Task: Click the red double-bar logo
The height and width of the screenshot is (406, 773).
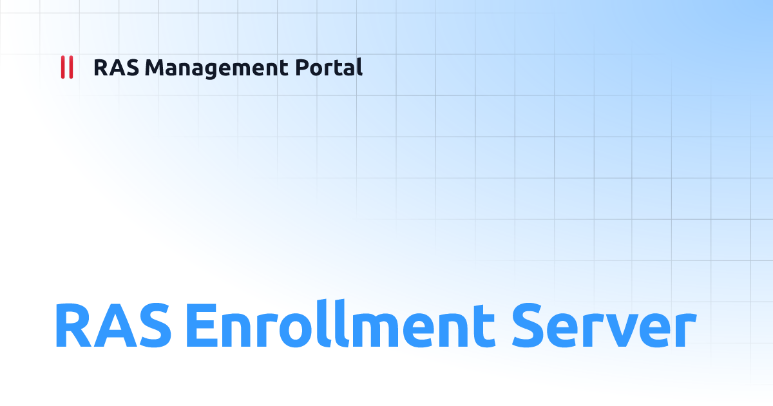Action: click(x=66, y=67)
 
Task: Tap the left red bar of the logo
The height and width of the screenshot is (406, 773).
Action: click(x=62, y=67)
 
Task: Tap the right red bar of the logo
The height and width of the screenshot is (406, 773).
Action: click(x=70, y=67)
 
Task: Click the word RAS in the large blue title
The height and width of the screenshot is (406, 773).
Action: click(x=113, y=325)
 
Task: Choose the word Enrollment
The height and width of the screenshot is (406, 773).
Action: click(x=339, y=325)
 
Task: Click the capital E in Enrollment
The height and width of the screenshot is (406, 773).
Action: click(x=200, y=325)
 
